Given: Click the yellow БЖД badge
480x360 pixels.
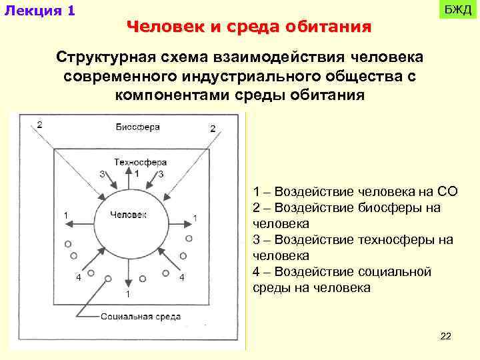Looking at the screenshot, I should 457,11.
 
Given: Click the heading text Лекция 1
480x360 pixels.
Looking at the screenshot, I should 39,11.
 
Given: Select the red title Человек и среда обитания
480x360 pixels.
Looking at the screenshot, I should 248,27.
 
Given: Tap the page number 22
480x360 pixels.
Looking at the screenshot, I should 446,336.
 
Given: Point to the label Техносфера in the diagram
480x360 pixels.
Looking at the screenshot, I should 140,162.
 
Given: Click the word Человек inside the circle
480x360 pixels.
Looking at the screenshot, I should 129,215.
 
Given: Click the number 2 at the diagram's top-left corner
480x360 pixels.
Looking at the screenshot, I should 40,124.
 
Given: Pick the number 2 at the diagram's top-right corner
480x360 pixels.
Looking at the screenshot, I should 212,127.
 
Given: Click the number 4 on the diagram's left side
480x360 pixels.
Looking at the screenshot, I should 79,278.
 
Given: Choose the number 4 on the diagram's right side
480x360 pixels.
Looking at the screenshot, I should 181,277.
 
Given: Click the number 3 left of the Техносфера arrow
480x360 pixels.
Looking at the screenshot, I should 101,174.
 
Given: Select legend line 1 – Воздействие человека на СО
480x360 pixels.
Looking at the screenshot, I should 355,192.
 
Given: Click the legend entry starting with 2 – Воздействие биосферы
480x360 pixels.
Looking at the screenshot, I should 347,215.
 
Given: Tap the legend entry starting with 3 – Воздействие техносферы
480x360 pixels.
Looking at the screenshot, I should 353,247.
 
